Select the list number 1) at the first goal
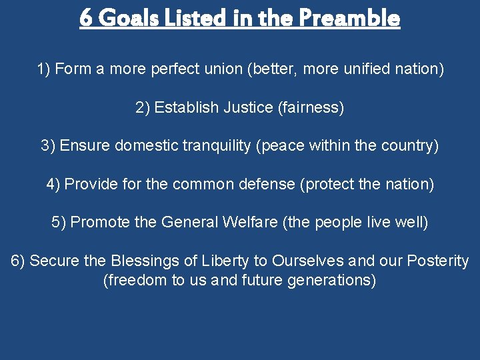[x=43, y=69]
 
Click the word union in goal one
[x=222, y=69]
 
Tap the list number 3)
[x=48, y=145]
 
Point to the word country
[x=407, y=145]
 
